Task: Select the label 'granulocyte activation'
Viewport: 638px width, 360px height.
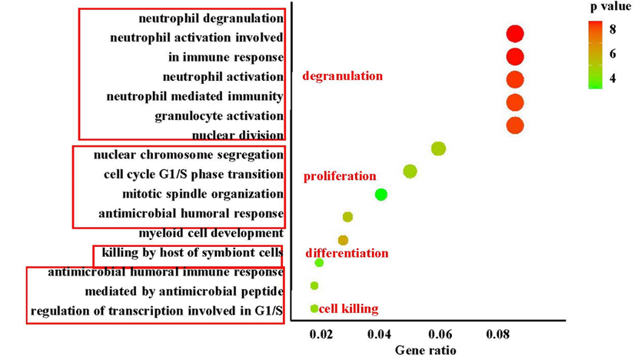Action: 218,116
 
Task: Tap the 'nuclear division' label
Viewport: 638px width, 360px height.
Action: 238,135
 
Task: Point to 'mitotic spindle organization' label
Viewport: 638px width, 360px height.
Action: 202,194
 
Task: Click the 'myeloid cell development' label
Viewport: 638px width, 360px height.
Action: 211,233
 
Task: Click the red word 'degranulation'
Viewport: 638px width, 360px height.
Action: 342,76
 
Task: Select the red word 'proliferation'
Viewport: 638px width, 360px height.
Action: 340,176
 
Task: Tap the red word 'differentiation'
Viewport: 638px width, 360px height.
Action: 347,253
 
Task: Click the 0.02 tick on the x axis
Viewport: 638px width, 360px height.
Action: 321,335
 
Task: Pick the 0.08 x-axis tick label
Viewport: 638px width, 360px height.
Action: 498,335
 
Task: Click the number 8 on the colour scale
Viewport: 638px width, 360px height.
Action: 613,29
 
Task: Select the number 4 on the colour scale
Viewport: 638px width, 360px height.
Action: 613,78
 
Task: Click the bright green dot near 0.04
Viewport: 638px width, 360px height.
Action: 380,195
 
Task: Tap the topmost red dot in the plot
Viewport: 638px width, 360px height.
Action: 515,33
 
